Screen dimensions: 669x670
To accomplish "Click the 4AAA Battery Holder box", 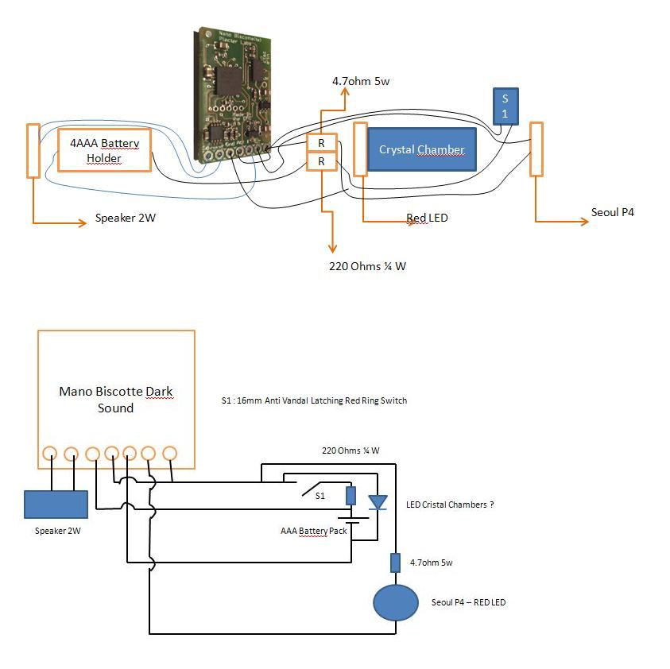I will (104, 150).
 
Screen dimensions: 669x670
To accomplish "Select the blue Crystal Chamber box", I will (421, 149).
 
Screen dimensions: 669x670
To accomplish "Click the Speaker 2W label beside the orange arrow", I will (126, 218).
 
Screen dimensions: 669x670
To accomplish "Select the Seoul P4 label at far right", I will (613, 213).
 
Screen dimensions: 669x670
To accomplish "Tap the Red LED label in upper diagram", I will (427, 218).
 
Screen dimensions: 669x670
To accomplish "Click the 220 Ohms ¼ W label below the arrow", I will (367, 266).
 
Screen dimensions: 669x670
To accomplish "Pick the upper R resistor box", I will (322, 143).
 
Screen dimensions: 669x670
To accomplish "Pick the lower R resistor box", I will (322, 161).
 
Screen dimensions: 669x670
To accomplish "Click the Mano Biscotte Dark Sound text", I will (116, 400).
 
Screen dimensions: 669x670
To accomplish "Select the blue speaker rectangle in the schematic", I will (56, 505).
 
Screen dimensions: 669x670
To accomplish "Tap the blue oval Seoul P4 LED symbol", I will (396, 603).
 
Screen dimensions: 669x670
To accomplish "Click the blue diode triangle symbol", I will (377, 502).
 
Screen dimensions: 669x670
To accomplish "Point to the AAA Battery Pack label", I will (313, 531).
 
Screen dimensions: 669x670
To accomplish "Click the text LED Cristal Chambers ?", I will (450, 505).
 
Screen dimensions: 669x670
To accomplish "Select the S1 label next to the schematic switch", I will (320, 495).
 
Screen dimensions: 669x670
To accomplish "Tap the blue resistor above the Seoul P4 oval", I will (395, 563).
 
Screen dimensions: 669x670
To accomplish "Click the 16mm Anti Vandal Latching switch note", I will (314, 400).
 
